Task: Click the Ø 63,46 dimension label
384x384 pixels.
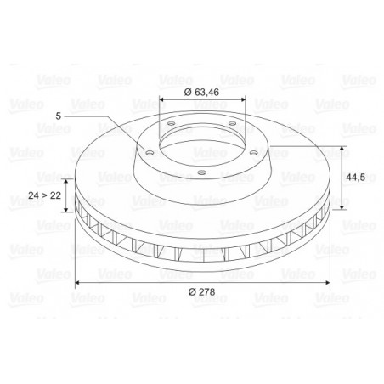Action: tap(201, 93)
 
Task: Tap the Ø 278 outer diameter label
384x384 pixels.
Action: tap(202, 291)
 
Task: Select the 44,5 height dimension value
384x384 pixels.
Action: tap(355, 178)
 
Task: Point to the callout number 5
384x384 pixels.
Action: tap(58, 116)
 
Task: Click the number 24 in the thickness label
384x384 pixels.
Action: tap(33, 195)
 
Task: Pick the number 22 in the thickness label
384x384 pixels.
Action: tap(55, 195)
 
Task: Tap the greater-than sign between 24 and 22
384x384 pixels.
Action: tap(44, 195)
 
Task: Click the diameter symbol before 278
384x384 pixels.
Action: tap(192, 291)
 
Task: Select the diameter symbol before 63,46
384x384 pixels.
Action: tap(188, 93)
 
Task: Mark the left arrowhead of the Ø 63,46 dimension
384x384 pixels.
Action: tap(161, 99)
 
